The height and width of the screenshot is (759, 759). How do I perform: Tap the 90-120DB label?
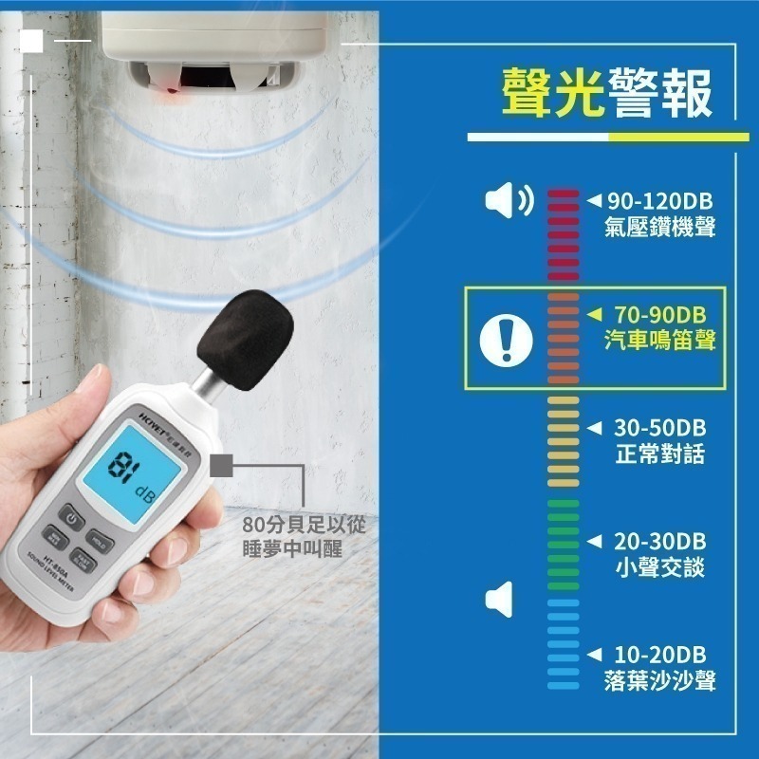coord(659,201)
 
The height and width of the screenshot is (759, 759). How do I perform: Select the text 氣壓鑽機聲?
coord(659,227)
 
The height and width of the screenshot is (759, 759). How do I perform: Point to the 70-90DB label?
coord(660,315)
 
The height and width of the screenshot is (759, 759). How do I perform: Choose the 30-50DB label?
coord(660,428)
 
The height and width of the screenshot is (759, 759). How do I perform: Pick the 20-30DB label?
coord(660,542)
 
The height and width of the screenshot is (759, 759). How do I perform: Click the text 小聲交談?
coord(660,567)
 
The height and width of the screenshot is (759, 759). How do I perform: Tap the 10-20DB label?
coord(660,656)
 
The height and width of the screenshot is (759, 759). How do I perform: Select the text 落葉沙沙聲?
coord(659,680)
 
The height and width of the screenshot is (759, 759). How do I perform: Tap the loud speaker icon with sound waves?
coord(509,200)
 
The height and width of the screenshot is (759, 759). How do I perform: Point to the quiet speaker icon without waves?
coord(500,600)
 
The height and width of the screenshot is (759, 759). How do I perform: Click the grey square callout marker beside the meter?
coord(224,465)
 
